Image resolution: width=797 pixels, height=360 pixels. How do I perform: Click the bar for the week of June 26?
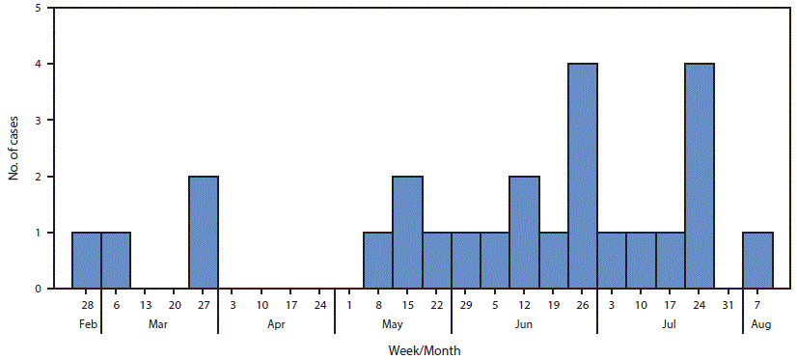click(x=583, y=176)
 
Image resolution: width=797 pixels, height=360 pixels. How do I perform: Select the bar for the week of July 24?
click(x=700, y=176)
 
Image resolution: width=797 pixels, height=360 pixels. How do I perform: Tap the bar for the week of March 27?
click(x=204, y=232)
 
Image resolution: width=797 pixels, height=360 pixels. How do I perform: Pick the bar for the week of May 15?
click(x=407, y=232)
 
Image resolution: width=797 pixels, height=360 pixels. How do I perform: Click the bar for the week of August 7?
click(x=757, y=261)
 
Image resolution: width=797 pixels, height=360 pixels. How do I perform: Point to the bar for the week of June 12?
click(x=524, y=232)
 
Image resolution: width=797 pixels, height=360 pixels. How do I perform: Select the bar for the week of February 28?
click(x=87, y=261)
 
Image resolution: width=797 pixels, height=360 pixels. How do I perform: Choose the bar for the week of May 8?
click(x=378, y=261)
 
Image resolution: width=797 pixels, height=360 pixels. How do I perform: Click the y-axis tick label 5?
click(x=38, y=9)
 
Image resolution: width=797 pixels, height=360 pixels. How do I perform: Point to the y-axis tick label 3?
click(x=38, y=121)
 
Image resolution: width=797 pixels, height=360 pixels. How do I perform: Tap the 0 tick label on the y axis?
click(x=38, y=289)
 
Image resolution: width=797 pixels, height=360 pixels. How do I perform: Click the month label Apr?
click(x=277, y=325)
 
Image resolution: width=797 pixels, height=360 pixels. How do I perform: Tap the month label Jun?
click(x=524, y=325)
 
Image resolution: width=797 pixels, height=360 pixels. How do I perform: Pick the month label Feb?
click(x=87, y=325)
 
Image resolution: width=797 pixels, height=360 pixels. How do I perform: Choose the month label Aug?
click(x=757, y=325)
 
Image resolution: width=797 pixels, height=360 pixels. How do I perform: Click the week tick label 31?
click(x=728, y=305)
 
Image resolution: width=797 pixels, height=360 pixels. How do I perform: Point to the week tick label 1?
click(x=349, y=305)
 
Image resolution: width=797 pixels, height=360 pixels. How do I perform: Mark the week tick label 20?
click(x=175, y=305)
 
